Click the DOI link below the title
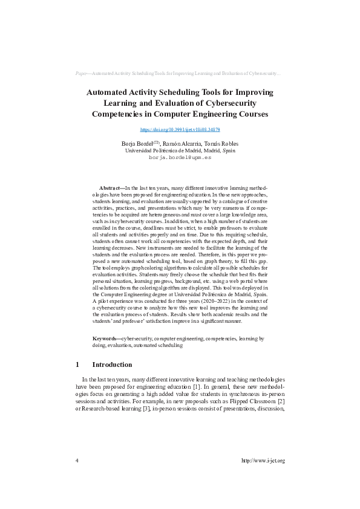[180, 129]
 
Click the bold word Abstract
[110, 189]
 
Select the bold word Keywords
[106, 339]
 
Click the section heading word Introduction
[112, 365]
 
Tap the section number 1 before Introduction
[77, 365]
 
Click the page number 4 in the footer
[77, 461]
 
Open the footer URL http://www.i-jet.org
[263, 461]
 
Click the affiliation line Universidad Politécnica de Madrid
[180, 150]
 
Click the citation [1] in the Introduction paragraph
[196, 386]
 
